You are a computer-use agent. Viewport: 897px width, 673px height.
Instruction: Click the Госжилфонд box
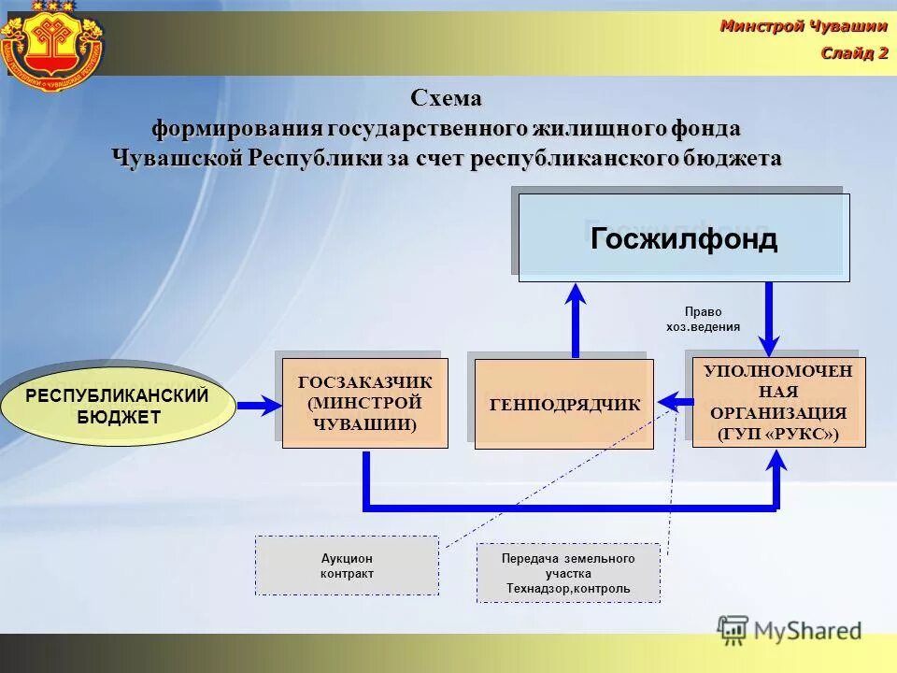pos(684,238)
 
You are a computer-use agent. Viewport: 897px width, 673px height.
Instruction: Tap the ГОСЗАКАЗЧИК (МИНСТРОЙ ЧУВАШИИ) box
pos(365,404)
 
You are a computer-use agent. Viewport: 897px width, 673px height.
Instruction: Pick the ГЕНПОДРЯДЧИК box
pos(564,405)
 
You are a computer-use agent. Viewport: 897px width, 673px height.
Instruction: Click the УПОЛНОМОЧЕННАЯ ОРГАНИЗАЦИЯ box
pos(778,403)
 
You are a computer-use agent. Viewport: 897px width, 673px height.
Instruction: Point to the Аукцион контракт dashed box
pos(347,566)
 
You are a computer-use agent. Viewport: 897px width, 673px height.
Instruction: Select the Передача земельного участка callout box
pos(568,573)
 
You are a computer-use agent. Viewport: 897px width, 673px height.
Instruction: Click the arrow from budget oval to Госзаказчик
pos(259,406)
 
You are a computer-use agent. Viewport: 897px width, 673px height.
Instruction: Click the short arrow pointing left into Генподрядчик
pos(676,402)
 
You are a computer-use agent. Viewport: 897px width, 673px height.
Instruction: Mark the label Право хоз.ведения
pos(703,320)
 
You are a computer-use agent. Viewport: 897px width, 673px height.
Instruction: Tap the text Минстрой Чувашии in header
pos(803,26)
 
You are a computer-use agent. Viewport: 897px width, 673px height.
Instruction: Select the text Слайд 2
pos(854,52)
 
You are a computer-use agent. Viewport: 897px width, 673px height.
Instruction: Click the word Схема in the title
pos(447,97)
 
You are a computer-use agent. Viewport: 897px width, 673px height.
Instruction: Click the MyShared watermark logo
pos(790,630)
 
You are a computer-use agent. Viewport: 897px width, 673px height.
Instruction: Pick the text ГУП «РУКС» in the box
pos(778,434)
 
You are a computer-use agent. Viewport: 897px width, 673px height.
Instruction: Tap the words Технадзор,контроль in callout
pos(568,589)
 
